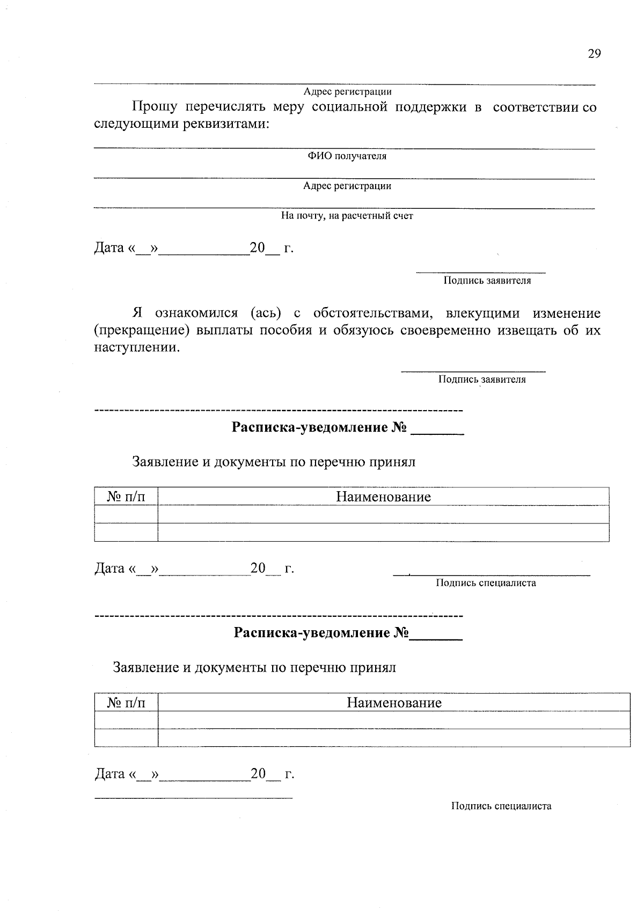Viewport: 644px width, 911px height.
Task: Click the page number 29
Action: pyautogui.click(x=594, y=53)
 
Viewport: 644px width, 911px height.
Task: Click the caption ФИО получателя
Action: pyautogui.click(x=347, y=156)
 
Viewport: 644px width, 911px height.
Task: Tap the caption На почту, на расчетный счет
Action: pyautogui.click(x=347, y=216)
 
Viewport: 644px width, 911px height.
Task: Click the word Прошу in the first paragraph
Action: pyautogui.click(x=155, y=107)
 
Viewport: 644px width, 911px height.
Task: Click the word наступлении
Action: pyautogui.click(x=137, y=347)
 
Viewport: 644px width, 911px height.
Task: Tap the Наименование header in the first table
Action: pyautogui.click(x=383, y=497)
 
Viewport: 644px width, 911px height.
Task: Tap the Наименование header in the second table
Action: pyautogui.click(x=394, y=703)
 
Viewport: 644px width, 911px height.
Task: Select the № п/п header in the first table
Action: pyautogui.click(x=126, y=497)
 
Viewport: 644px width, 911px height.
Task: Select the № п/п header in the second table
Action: pyautogui.click(x=126, y=703)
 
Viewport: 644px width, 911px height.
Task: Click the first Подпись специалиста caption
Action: pyautogui.click(x=486, y=583)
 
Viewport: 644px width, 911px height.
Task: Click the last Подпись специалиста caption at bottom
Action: pyautogui.click(x=501, y=806)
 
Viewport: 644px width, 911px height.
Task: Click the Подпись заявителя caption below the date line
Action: pyautogui.click(x=487, y=281)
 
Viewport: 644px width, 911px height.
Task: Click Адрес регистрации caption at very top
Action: pyautogui.click(x=347, y=92)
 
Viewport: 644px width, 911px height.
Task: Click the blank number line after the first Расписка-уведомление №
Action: pyautogui.click(x=437, y=431)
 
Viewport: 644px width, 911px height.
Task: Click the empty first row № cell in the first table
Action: pyautogui.click(x=126, y=514)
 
